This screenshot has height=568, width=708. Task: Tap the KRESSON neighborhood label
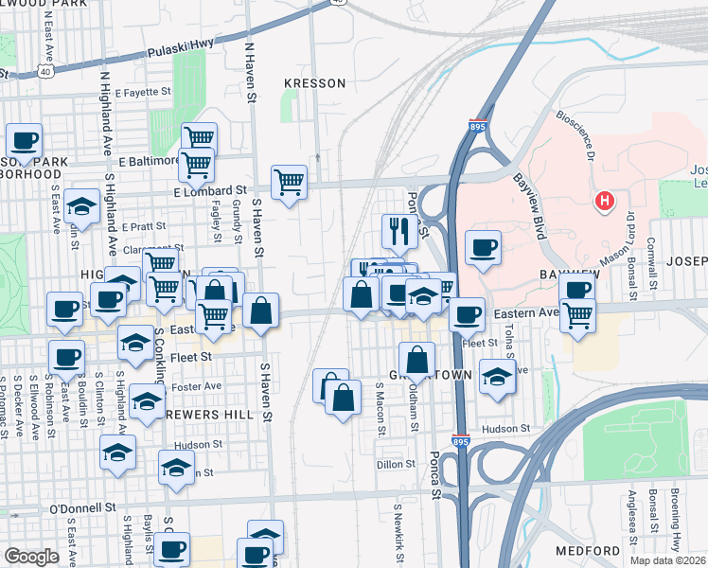[315, 83]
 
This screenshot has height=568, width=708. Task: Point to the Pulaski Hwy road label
[186, 47]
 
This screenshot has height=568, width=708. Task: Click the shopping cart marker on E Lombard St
[289, 182]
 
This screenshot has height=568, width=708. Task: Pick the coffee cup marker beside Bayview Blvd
[483, 247]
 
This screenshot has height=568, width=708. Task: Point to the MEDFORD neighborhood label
[588, 550]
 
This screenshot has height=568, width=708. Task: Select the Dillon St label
[396, 464]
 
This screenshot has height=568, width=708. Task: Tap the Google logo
[31, 557]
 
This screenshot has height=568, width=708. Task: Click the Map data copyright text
[666, 560]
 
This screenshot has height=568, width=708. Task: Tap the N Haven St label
[250, 71]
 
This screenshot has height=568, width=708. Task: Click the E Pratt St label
[144, 226]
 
